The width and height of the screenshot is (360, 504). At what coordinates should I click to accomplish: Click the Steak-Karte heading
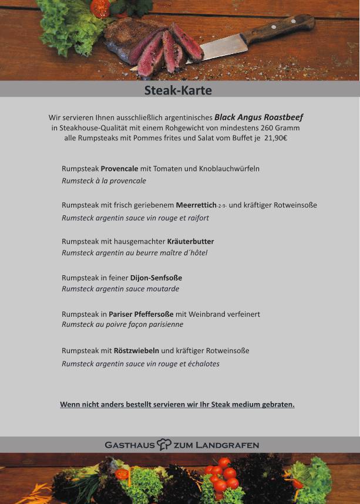click(178, 90)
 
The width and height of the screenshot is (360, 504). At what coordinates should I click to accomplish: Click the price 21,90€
click(275, 138)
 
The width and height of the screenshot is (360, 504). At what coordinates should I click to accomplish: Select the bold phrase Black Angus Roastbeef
click(258, 117)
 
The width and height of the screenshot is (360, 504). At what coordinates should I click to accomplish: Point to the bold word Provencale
click(119, 168)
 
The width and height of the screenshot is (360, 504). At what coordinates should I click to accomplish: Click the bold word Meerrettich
click(196, 205)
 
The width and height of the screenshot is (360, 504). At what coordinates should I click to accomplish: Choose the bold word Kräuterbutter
click(190, 241)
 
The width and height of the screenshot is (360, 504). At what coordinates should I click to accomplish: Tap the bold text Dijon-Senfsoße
click(156, 278)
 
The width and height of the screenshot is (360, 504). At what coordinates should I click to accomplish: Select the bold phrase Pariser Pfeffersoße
click(141, 314)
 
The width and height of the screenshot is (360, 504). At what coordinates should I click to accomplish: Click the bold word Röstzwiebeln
click(136, 350)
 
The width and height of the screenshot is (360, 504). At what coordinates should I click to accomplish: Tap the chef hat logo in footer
click(164, 445)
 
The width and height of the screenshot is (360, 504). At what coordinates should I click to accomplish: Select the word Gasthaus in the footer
click(130, 445)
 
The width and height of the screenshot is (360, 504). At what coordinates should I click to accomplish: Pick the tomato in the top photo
click(100, 8)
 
